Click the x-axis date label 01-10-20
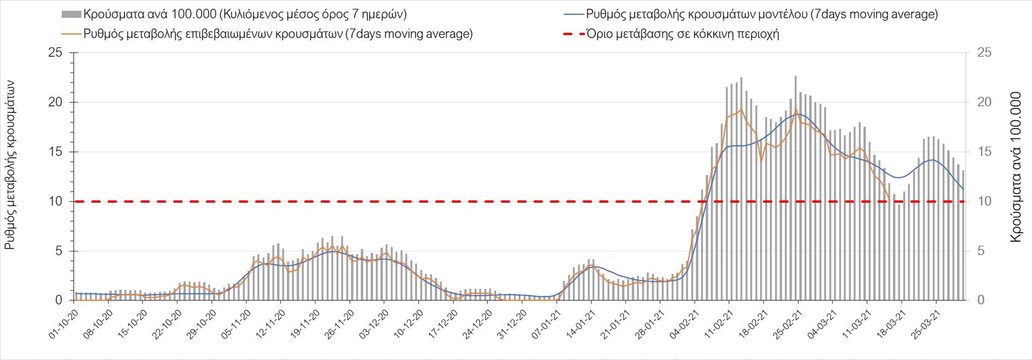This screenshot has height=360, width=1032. coord(63,324)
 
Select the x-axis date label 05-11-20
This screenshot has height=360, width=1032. coord(236,324)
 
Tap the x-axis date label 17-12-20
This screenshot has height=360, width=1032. coord(443,324)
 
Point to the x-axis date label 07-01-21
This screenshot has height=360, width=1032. coord(546,324)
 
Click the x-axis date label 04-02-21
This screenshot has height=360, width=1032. coord(684,324)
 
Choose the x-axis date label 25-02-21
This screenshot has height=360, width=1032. coord(787,324)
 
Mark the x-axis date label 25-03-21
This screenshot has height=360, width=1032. coord(926,324)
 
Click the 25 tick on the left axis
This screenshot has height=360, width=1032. coord(55,53)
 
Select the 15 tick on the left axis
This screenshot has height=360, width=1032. coord(55,152)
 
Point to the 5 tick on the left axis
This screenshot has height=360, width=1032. coord(59,251)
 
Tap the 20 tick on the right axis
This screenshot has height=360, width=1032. coord(984,102)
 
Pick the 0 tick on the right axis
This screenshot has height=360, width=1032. coord(981,300)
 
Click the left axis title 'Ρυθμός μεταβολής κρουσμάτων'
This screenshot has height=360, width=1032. coord(10,165)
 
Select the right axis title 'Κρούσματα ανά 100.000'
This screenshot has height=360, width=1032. coord(1015,167)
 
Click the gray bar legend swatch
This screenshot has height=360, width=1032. coord(71,15)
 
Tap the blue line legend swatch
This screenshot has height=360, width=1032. coord(574,15)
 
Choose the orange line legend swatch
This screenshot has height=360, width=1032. coord(71,34)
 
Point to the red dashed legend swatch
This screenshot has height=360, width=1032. coord(574,34)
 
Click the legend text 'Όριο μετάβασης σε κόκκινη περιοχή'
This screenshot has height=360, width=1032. coord(683,34)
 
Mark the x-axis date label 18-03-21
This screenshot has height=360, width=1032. coord(891,324)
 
